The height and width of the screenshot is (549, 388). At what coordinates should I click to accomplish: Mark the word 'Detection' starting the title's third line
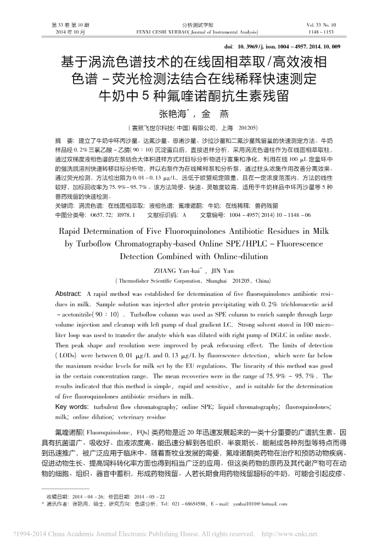pos(140,256)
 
